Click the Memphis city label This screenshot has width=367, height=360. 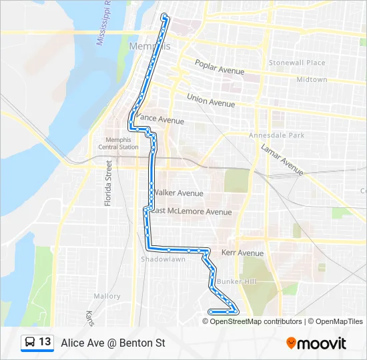pos(148,46)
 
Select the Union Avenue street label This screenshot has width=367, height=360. pos(211,101)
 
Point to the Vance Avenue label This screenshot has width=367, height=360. pos(160,120)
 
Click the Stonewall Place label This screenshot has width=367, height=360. pos(297,63)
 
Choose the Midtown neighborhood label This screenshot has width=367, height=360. pos(312,79)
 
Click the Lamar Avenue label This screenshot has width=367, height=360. pos(282,159)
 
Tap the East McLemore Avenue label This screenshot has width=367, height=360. pos(191,212)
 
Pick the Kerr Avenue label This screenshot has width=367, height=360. pos(242,253)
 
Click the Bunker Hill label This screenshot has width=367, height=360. pos(240,282)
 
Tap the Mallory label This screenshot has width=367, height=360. pos(107,296)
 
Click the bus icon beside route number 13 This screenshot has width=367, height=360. pos(30,343)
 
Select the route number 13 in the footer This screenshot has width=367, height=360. pos(45,342)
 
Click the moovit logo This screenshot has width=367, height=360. pos(316,343)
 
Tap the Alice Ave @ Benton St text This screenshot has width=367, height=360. pos(113,343)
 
